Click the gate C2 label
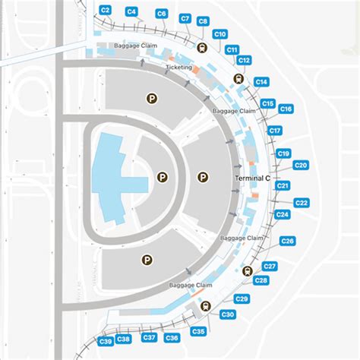pyautogui.click(x=106, y=9)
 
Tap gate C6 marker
pyautogui.click(x=161, y=14)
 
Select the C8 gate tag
pyautogui.click(x=203, y=22)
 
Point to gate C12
pyautogui.click(x=244, y=59)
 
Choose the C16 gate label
pyautogui.click(x=286, y=109)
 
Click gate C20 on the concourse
pyautogui.click(x=301, y=165)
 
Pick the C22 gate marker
pyautogui.click(x=301, y=203)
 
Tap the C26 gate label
pyautogui.click(x=288, y=241)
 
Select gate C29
pyautogui.click(x=242, y=299)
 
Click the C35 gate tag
pyautogui.click(x=198, y=332)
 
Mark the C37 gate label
pyautogui.click(x=150, y=337)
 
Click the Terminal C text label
pyautogui.click(x=251, y=178)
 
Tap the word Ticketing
pyautogui.click(x=178, y=68)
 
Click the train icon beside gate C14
pyautogui.click(x=238, y=77)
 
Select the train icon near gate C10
pyautogui.click(x=201, y=46)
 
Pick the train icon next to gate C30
pyautogui.click(x=206, y=307)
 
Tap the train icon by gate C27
pyautogui.click(x=247, y=271)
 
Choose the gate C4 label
pyautogui.click(x=131, y=11)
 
